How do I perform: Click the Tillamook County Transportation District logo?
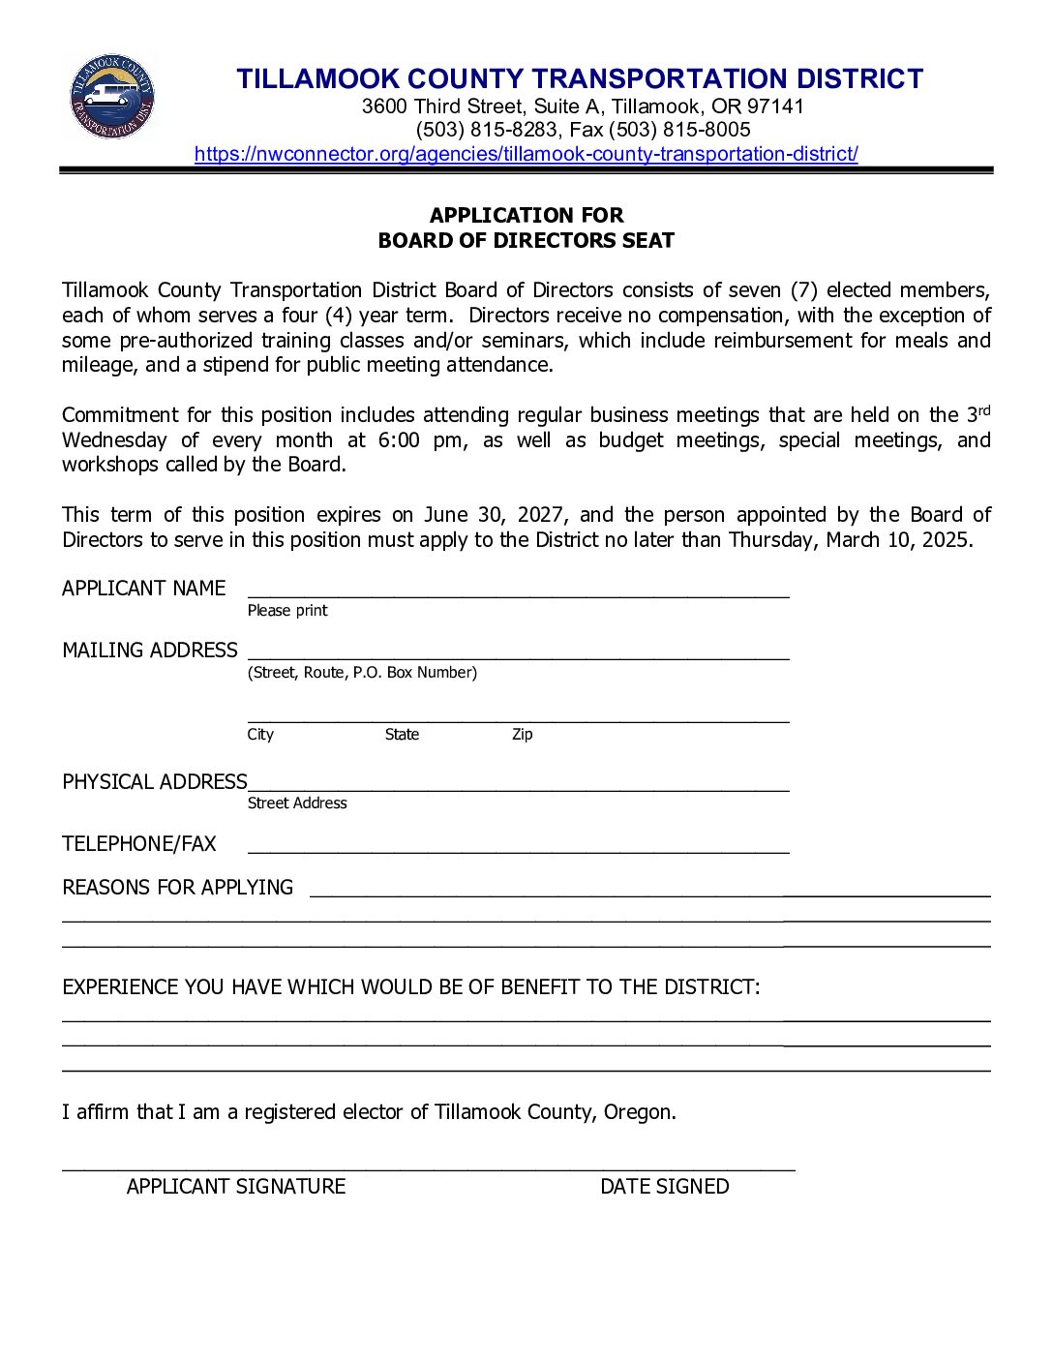(111, 96)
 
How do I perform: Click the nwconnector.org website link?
(526, 154)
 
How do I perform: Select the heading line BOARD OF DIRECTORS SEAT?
(526, 240)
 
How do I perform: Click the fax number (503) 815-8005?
(679, 130)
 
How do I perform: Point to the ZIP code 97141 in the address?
(775, 106)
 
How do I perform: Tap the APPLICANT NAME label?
(143, 589)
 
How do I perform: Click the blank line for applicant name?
(518, 591)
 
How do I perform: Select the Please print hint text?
(287, 611)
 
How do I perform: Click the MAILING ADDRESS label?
(149, 651)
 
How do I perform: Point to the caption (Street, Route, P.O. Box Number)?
(362, 673)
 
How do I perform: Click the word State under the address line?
(402, 735)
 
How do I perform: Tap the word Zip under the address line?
(523, 735)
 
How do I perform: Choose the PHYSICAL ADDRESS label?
(155, 782)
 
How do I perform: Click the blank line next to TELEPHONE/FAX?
(518, 846)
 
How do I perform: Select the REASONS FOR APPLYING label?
(177, 888)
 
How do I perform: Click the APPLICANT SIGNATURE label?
(235, 1187)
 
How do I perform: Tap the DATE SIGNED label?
(664, 1187)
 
